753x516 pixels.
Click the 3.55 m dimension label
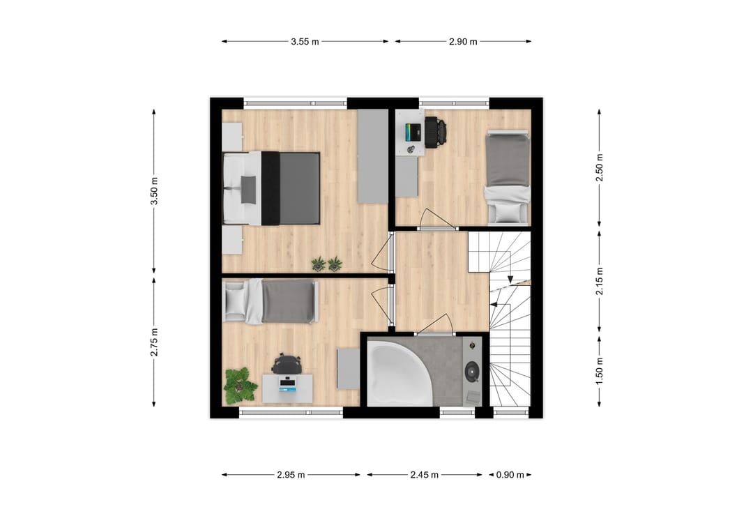(305, 42)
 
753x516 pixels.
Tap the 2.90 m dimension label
(463, 42)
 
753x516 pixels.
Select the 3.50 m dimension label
(154, 191)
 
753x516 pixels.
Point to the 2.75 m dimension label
(154, 342)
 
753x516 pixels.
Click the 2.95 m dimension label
(291, 476)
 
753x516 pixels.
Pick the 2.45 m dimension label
(424, 476)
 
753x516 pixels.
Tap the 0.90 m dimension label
(510, 476)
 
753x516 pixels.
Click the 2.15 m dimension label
(599, 280)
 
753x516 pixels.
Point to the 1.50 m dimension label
(599, 370)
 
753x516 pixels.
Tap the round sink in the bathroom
(473, 370)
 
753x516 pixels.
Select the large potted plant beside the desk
(240, 384)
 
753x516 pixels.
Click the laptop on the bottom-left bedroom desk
(287, 384)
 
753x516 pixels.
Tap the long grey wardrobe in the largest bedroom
(372, 156)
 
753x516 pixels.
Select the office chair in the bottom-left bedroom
(287, 363)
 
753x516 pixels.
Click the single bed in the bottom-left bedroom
(272, 301)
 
